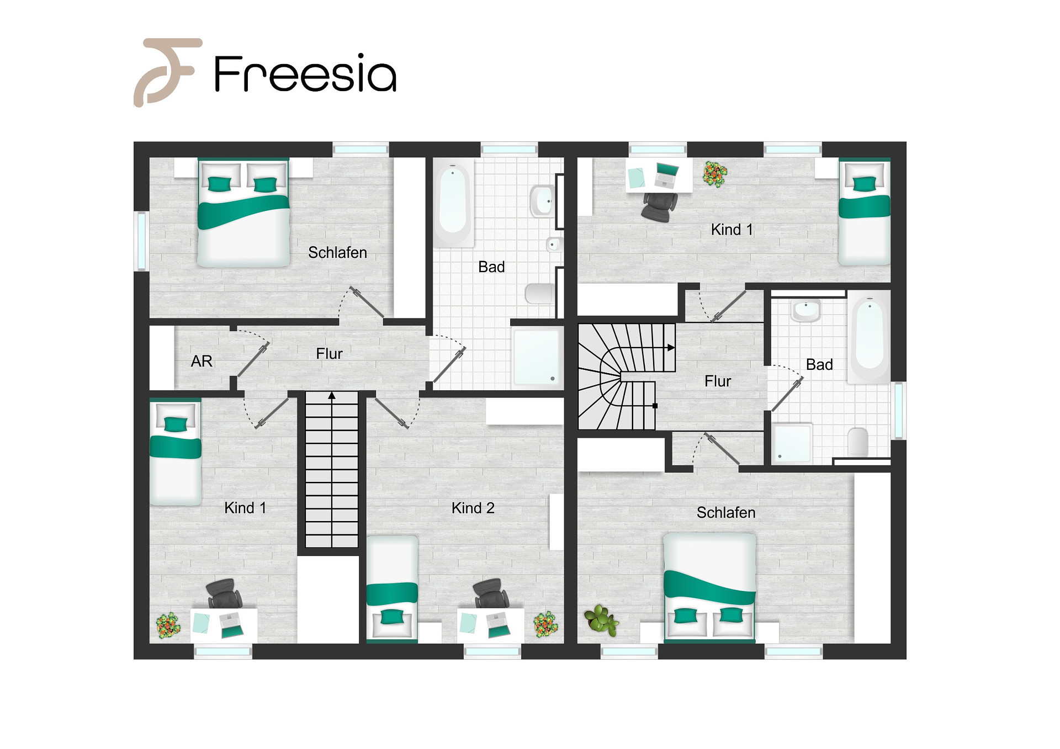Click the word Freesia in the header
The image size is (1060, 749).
click(305, 73)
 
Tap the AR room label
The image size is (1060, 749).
click(202, 361)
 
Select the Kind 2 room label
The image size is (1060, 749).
click(473, 508)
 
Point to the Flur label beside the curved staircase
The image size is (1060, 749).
click(718, 381)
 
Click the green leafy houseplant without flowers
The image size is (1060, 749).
click(601, 619)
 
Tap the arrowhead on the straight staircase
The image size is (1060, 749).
click(332, 395)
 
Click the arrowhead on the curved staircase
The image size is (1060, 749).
click(671, 348)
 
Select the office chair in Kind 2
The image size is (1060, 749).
click(491, 594)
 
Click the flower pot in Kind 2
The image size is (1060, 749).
click(545, 624)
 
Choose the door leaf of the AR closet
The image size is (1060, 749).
click(253, 359)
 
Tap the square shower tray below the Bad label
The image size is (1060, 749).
click(536, 357)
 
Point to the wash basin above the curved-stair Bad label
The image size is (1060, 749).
click(806, 311)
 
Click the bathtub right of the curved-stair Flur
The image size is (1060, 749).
click(870, 337)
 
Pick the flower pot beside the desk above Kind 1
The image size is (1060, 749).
click(715, 174)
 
